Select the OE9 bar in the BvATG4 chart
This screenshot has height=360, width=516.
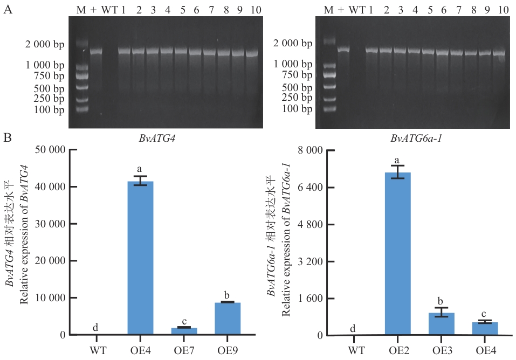[228, 319]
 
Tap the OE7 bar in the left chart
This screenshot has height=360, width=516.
[184, 331]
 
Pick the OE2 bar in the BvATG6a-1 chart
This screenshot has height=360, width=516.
[398, 253]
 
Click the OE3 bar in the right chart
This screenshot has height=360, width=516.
[442, 324]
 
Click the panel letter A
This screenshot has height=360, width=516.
[8, 10]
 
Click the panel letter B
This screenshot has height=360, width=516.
[8, 138]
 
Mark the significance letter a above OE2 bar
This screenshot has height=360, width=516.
[397, 161]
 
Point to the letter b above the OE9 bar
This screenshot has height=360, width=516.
[228, 295]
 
